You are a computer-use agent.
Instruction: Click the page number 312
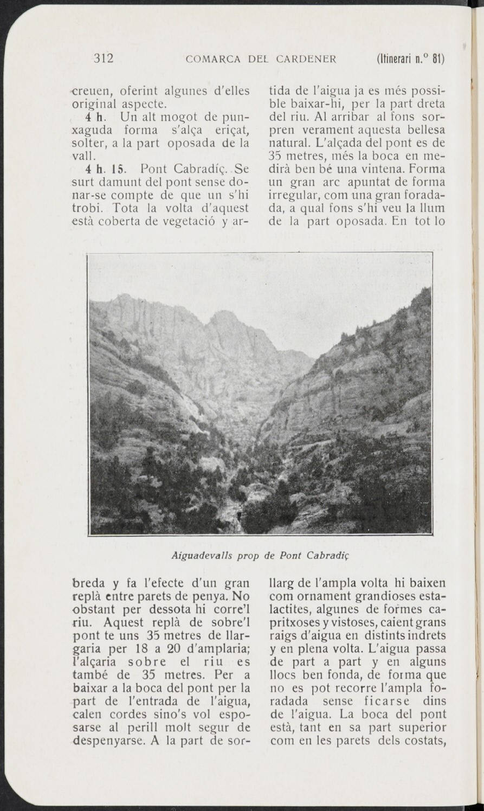[x=103, y=59]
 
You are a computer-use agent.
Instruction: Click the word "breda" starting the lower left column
[x=85, y=584]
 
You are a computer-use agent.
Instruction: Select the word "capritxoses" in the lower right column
[x=296, y=623]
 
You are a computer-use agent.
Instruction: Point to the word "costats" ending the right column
[x=427, y=741]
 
